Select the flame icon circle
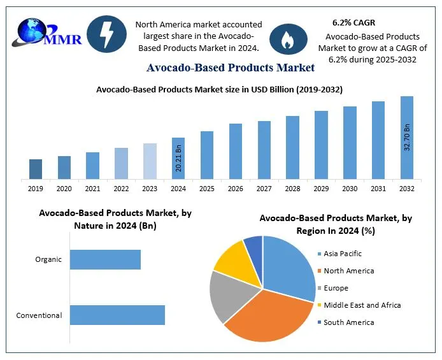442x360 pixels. pos(289,39)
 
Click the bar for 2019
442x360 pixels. pos(36,169)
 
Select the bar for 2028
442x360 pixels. pos(292,147)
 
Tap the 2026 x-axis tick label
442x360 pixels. pos(236,189)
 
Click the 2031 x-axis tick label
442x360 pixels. pos(378,189)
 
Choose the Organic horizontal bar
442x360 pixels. pos(105,259)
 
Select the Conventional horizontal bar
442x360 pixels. pos(117,315)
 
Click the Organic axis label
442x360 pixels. pos(48,259)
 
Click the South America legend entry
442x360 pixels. pos(348,322)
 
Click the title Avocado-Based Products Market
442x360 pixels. pos(231,67)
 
